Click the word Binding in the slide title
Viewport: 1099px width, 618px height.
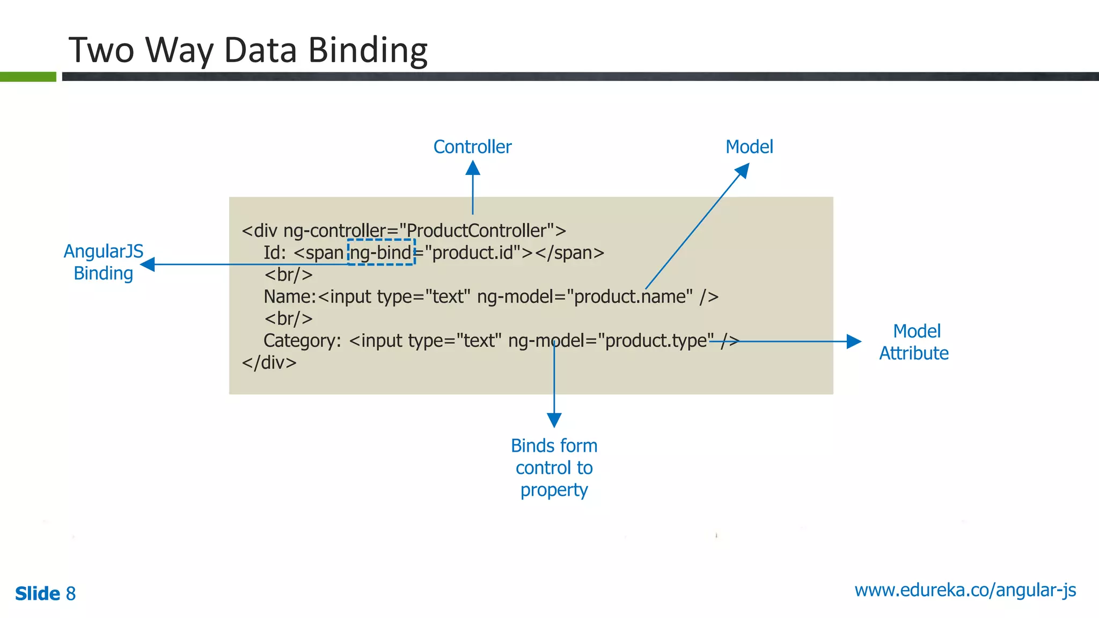coord(368,51)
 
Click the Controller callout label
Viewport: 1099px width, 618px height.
coord(472,147)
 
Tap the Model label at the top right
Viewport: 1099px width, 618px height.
coord(749,147)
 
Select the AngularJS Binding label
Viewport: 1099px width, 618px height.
coord(104,262)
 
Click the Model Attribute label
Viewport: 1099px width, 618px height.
coord(914,342)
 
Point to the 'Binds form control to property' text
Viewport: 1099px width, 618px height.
coord(554,468)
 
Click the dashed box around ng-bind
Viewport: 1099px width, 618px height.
coord(381,252)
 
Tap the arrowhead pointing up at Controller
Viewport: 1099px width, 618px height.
coord(473,168)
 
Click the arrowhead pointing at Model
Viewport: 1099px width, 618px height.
coord(742,171)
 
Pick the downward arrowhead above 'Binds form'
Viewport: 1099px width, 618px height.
coord(554,420)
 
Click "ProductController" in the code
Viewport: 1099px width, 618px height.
coord(477,231)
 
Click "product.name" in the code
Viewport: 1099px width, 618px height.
coord(630,297)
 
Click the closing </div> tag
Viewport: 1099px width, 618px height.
coord(269,363)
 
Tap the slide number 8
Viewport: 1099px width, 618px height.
coord(70,594)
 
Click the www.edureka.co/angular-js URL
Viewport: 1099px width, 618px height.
coord(965,590)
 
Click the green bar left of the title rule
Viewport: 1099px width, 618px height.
coord(28,77)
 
